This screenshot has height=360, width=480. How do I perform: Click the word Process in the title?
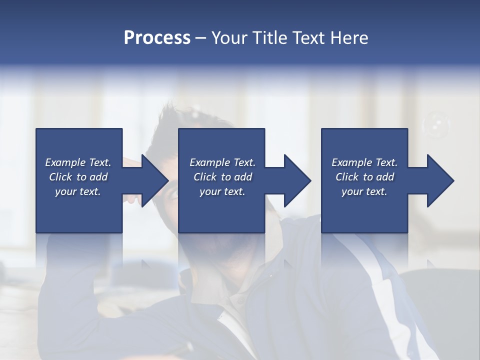pos(157,38)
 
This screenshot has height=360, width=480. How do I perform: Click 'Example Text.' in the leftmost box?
pos(78,162)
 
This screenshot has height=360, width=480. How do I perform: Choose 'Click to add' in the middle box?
pos(222,177)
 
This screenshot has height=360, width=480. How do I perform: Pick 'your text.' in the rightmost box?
pos(364,191)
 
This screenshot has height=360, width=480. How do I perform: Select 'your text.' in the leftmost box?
pos(78,191)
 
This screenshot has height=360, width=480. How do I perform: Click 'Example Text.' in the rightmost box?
pos(364,162)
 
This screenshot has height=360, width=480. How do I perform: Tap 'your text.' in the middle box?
pos(222,191)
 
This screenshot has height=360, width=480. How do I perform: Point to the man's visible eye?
pos(173,194)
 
